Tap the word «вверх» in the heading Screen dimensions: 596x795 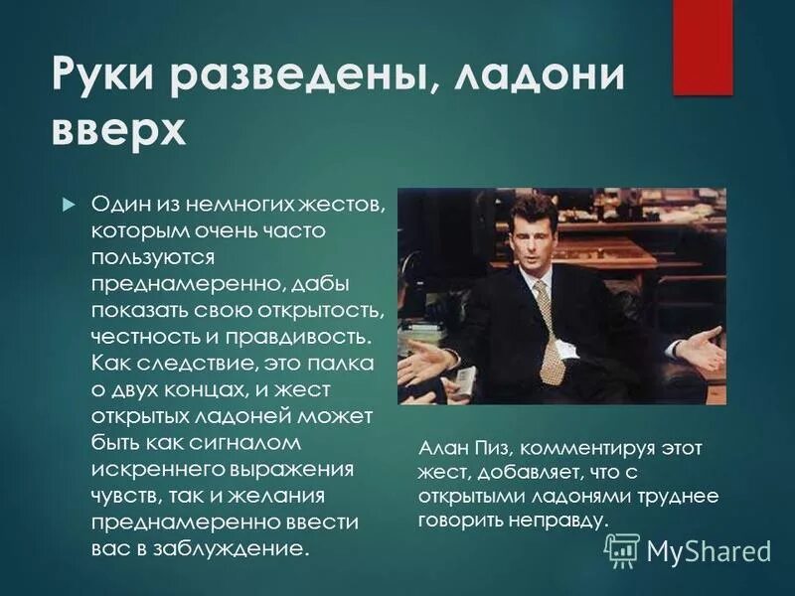pos(118,130)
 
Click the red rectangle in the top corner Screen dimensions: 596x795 pos(703,46)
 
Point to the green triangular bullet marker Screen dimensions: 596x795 pos(68,204)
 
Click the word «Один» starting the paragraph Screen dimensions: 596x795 pos(121,204)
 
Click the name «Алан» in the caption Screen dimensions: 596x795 pos(440,449)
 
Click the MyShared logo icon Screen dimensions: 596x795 pos(622,549)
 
